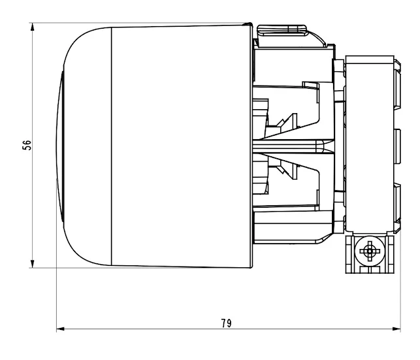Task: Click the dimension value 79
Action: click(x=226, y=323)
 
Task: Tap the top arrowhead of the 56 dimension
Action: click(x=33, y=27)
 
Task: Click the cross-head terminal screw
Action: click(x=370, y=250)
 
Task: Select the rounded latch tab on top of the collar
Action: click(x=283, y=29)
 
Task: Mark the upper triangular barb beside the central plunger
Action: click(x=285, y=123)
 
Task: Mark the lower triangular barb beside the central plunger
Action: click(x=285, y=170)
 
